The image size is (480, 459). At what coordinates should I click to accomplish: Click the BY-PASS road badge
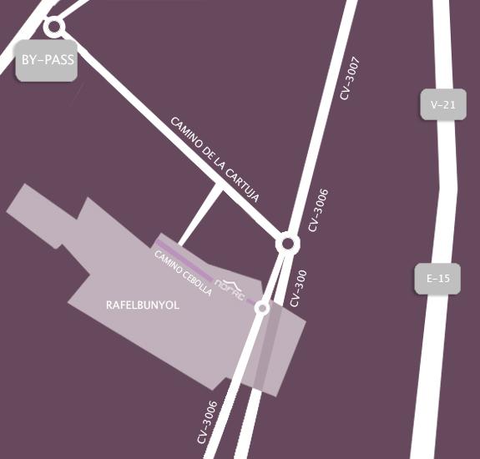pos(47,61)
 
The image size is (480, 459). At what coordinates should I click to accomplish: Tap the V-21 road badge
pos(442,105)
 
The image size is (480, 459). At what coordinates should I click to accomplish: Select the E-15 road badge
pos(437,279)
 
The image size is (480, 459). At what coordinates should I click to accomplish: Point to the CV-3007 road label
pos(350,78)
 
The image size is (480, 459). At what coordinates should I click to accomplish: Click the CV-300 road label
pos(298,289)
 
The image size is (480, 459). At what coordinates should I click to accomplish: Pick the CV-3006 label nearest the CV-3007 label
pos(318,210)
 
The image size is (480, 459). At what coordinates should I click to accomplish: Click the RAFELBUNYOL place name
pos(143,305)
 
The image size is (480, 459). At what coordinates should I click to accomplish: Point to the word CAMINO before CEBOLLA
pos(167,259)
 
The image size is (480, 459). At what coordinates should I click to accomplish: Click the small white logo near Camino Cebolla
pos(230,285)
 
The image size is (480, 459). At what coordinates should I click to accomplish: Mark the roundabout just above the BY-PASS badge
pos(55,27)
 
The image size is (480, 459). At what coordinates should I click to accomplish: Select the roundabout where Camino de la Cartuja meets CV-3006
pos(288,244)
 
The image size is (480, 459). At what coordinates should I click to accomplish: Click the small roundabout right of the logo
pos(262,308)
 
